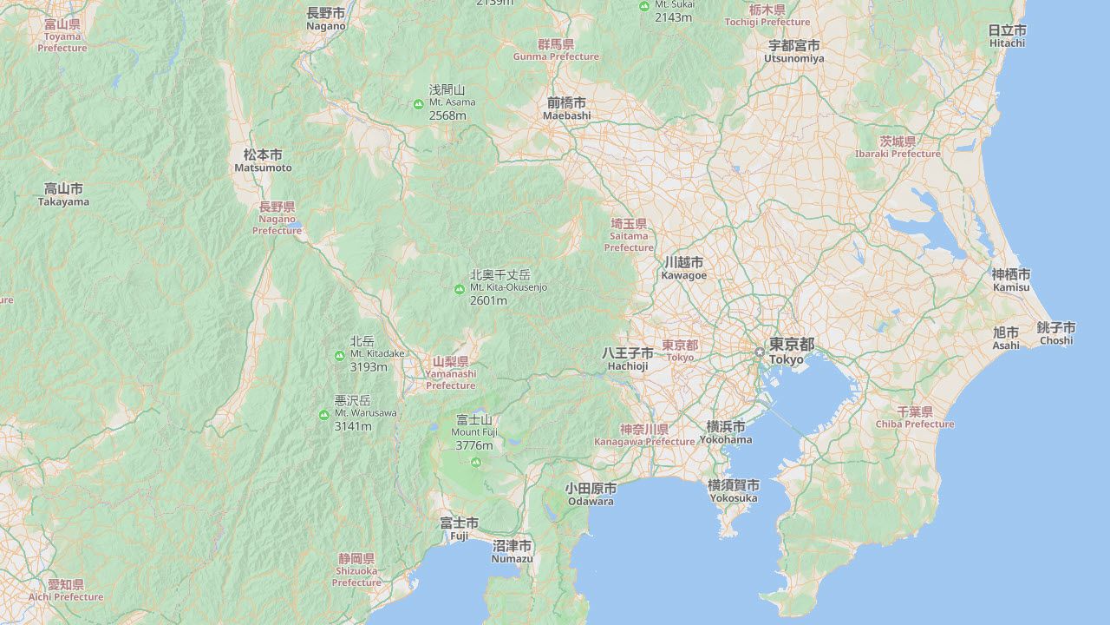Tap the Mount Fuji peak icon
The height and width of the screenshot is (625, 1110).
pyautogui.click(x=475, y=462)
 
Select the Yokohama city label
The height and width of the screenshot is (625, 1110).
pyautogui.click(x=726, y=432)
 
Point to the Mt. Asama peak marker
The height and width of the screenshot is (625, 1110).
pyautogui.click(x=418, y=104)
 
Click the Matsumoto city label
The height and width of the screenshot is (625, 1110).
pyautogui.click(x=263, y=161)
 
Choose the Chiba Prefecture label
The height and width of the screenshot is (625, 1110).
pyautogui.click(x=914, y=418)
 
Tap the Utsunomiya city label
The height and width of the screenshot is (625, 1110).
pyautogui.click(x=793, y=51)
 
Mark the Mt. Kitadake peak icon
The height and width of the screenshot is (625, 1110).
pyautogui.click(x=339, y=355)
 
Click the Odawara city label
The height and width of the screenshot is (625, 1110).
pyautogui.click(x=591, y=495)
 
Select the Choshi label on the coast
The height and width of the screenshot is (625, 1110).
pyautogui.click(x=1056, y=333)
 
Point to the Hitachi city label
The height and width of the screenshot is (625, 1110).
pyautogui.click(x=1007, y=36)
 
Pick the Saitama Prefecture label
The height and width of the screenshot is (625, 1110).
pyautogui.click(x=629, y=235)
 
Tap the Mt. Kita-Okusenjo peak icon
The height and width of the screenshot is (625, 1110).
pyautogui.click(x=460, y=288)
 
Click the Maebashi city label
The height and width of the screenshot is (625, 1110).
pyautogui.click(x=566, y=109)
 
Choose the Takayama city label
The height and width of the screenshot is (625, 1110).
pyautogui.click(x=63, y=194)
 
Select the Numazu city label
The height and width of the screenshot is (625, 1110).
pyautogui.click(x=512, y=551)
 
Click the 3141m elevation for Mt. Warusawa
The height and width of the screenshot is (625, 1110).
pyautogui.click(x=352, y=426)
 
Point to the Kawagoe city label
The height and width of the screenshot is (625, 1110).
pyautogui.click(x=683, y=268)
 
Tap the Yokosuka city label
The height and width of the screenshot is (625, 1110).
pyautogui.click(x=733, y=491)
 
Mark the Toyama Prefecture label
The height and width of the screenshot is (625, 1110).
pyautogui.click(x=62, y=36)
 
